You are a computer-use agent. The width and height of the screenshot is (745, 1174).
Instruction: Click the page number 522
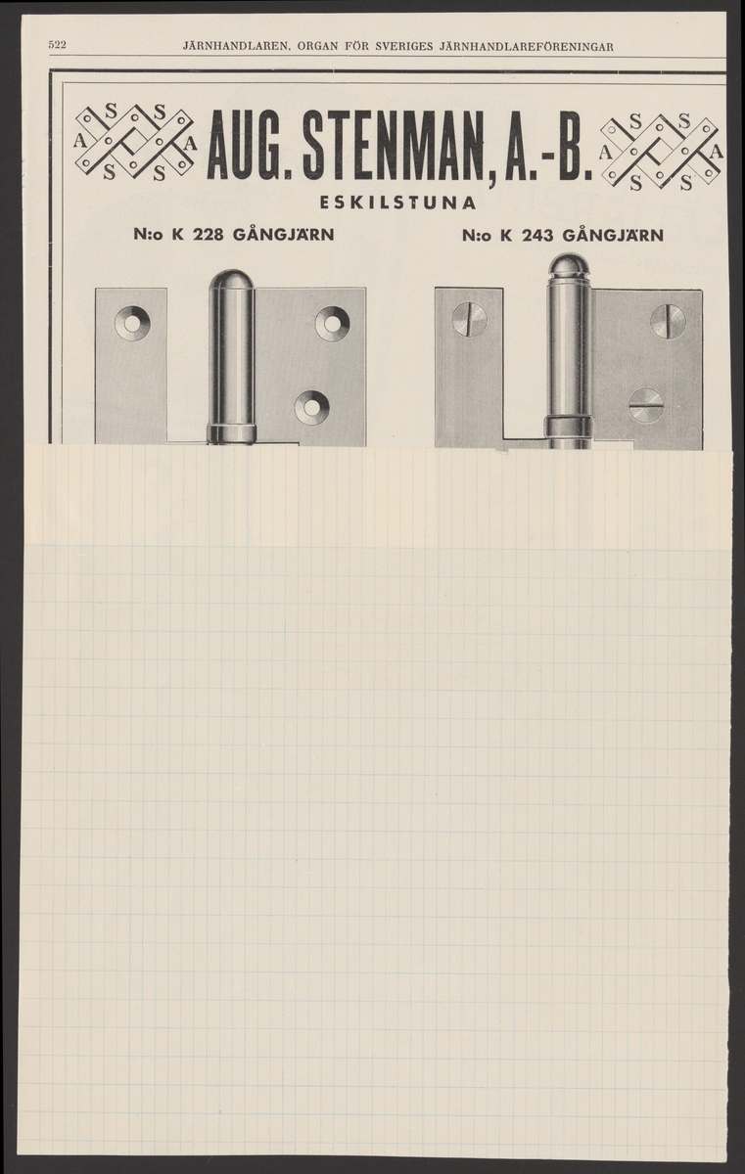(57, 46)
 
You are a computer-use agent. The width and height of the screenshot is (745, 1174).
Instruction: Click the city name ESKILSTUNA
(397, 203)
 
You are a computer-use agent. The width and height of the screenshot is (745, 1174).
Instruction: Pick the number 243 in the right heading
(537, 236)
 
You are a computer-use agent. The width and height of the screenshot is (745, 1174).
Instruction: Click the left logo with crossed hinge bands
(135, 142)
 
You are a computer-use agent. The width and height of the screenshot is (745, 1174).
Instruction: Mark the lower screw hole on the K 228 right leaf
(311, 406)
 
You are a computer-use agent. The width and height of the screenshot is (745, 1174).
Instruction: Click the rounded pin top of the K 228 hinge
(231, 283)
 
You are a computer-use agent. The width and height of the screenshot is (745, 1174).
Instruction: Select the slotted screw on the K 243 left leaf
(470, 320)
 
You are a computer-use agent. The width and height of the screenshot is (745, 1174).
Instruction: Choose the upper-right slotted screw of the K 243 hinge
(668, 320)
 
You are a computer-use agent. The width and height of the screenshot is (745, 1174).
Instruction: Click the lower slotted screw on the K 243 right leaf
(646, 406)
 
